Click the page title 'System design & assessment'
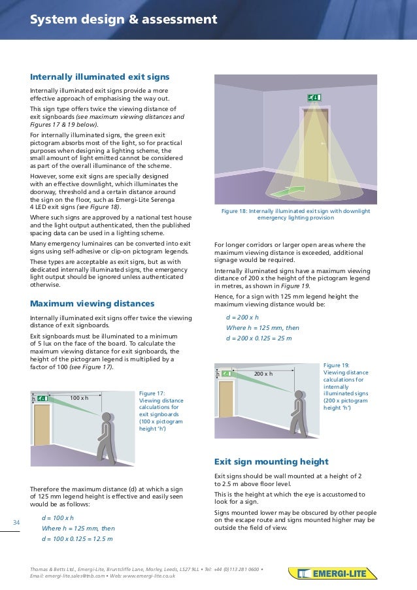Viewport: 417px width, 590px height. point(123,20)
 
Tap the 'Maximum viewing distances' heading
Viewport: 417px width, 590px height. point(92,304)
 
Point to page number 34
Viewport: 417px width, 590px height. point(17,521)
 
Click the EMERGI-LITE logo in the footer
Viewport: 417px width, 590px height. point(333,574)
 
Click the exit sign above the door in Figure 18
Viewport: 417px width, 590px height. point(315,98)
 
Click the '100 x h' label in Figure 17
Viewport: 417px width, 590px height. point(78,397)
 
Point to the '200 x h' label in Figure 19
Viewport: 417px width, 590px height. point(263,374)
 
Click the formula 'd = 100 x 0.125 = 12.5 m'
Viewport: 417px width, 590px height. point(76,539)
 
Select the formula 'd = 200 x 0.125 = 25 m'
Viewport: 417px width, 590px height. point(258,338)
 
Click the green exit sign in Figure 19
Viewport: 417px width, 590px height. point(227,374)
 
